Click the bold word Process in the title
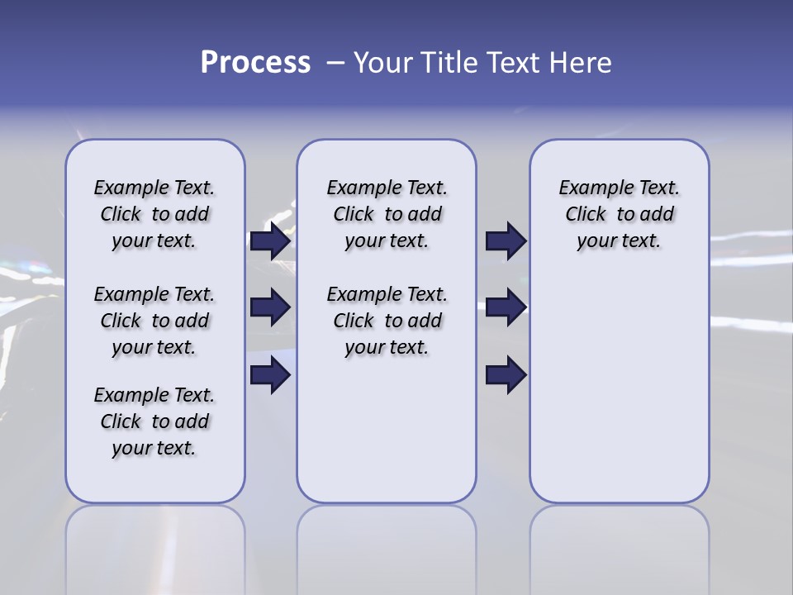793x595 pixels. click(x=255, y=63)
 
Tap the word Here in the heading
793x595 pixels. click(x=580, y=63)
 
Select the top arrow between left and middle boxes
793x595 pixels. click(x=270, y=240)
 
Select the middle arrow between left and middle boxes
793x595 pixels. click(x=270, y=307)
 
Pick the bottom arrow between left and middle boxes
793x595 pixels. click(x=270, y=375)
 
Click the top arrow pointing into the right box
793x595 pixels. click(x=506, y=240)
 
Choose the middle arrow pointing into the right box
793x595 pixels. click(x=506, y=307)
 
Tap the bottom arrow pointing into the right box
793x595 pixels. click(x=506, y=375)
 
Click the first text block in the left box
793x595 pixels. click(x=154, y=214)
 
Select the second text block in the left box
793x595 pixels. click(x=154, y=321)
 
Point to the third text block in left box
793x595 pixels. click(x=154, y=421)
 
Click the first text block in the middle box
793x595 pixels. click(x=387, y=214)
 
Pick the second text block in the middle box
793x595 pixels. click(x=387, y=321)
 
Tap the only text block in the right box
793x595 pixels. click(x=619, y=214)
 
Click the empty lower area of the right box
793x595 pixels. click(x=619, y=397)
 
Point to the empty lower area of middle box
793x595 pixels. click(x=387, y=430)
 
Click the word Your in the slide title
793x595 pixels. click(x=381, y=63)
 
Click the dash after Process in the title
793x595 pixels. click(x=335, y=63)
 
